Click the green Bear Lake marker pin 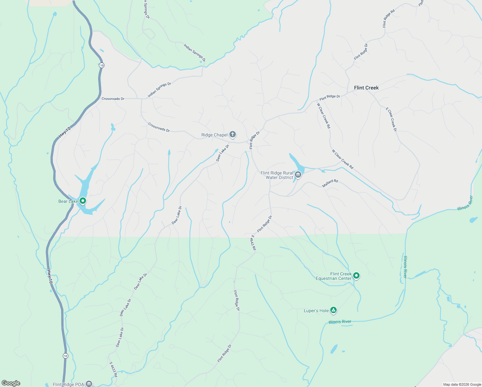(83, 201)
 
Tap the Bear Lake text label (68, 202)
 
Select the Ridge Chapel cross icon (233, 134)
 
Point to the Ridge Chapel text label (214, 135)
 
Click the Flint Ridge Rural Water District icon (298, 175)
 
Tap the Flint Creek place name (366, 88)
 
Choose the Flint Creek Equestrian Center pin (356, 275)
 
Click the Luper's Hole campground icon (334, 310)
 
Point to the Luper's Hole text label (316, 311)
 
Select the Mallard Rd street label (330, 183)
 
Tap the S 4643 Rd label (253, 243)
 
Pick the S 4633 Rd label (113, 369)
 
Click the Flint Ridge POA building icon (89, 384)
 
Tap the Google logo (11, 383)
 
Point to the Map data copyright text (462, 384)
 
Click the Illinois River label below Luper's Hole (340, 322)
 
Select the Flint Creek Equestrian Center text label (334, 276)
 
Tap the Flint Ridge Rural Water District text (277, 175)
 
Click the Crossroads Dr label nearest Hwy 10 (113, 99)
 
